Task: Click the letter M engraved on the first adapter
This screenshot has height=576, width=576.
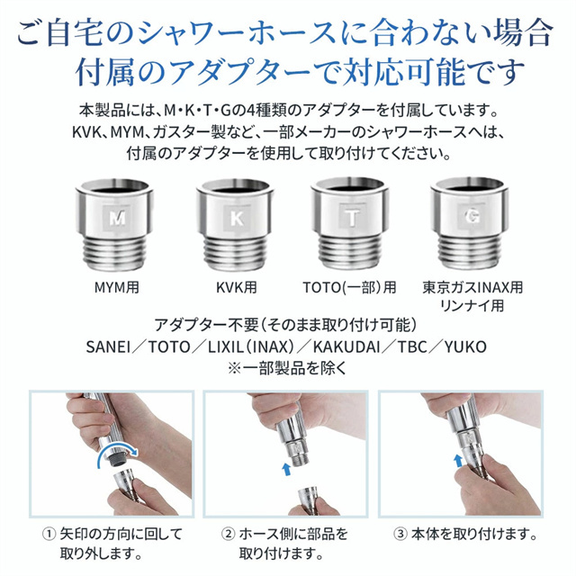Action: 117,218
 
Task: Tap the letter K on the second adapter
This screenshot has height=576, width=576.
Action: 236,219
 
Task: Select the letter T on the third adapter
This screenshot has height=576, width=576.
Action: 352,218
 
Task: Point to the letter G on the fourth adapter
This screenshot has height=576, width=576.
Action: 472,218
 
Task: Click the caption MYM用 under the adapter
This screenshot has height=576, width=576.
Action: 117,287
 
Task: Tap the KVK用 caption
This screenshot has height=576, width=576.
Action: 236,287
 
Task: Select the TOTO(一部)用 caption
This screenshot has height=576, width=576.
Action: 349,287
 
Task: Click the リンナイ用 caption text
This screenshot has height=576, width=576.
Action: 472,306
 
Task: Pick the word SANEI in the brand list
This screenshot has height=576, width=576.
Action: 108,346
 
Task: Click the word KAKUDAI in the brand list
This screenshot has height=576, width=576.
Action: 346,346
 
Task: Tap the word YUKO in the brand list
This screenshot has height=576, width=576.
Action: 465,346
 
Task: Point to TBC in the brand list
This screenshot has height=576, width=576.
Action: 412,346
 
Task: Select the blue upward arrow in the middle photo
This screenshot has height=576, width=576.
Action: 286,470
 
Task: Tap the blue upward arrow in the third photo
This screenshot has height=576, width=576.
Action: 458,461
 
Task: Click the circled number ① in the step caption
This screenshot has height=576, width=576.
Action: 49,534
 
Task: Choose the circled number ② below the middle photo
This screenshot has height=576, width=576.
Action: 228,534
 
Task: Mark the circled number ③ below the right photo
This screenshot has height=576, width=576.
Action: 400,534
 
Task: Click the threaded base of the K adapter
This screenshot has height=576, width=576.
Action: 236,252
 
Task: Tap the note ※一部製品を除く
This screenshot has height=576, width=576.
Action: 287,368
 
